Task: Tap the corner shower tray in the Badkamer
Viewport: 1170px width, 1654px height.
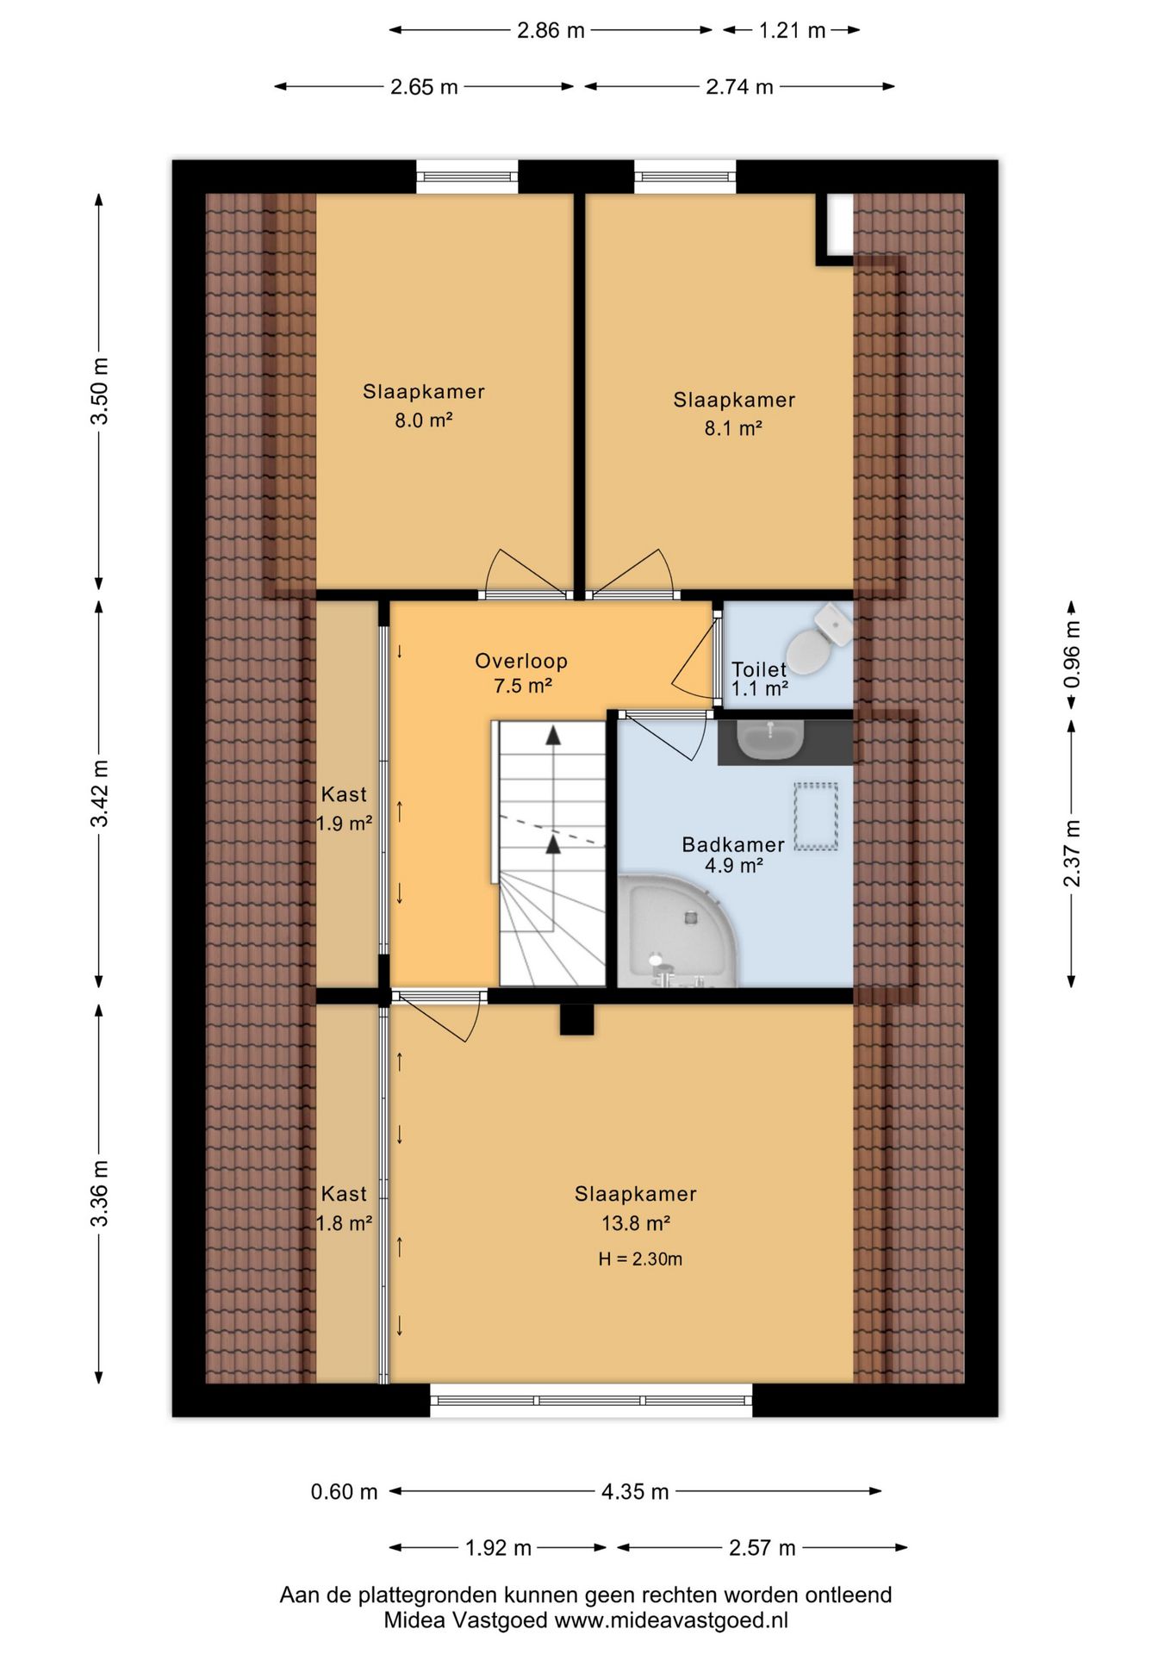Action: (x=677, y=930)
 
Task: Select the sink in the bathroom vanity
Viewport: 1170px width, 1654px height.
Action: (x=770, y=740)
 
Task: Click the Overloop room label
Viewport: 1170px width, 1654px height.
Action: (x=521, y=662)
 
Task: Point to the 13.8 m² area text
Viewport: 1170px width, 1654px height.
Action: (x=636, y=1222)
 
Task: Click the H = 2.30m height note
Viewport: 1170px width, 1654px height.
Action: (x=640, y=1259)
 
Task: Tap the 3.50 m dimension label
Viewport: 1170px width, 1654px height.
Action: (x=100, y=390)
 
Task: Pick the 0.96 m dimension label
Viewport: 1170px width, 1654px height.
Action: (x=1072, y=654)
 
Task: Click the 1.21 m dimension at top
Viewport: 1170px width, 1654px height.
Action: (x=792, y=31)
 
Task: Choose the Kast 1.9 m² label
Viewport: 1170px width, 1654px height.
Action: (x=344, y=808)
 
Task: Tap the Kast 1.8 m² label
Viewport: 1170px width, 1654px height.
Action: (x=344, y=1208)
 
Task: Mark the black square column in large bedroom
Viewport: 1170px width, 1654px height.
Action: (x=576, y=1019)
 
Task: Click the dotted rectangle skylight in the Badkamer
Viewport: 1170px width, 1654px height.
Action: (x=815, y=817)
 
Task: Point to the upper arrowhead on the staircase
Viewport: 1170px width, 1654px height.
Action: (x=553, y=735)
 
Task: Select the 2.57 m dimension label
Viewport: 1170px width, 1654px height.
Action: (x=762, y=1548)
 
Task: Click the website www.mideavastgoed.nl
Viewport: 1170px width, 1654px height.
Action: (x=671, y=1620)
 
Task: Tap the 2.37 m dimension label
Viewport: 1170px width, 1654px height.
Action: (x=1072, y=854)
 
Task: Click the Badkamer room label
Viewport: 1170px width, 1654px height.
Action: (x=733, y=844)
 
